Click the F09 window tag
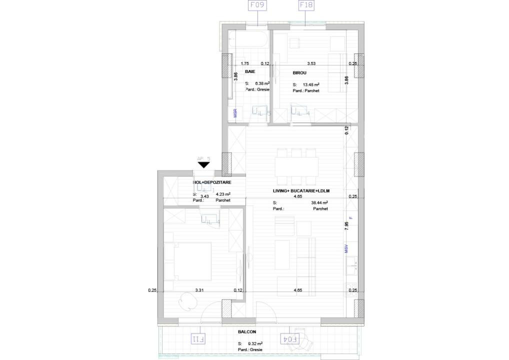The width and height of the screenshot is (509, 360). pyautogui.click(x=257, y=6)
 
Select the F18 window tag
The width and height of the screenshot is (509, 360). pyautogui.click(x=306, y=6)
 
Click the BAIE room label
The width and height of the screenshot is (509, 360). pyautogui.click(x=250, y=72)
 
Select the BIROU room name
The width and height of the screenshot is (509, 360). pyautogui.click(x=300, y=73)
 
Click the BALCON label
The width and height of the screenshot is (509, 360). pyautogui.click(x=247, y=332)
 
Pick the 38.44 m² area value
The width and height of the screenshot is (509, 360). pyautogui.click(x=319, y=203)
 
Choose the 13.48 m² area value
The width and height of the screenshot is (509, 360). pyautogui.click(x=311, y=85)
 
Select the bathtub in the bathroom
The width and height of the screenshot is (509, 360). pyautogui.click(x=248, y=40)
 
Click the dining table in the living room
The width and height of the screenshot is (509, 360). pyautogui.click(x=296, y=165)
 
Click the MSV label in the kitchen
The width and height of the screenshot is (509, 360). pyautogui.click(x=345, y=248)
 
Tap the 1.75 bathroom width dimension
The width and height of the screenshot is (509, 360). pyautogui.click(x=244, y=63)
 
